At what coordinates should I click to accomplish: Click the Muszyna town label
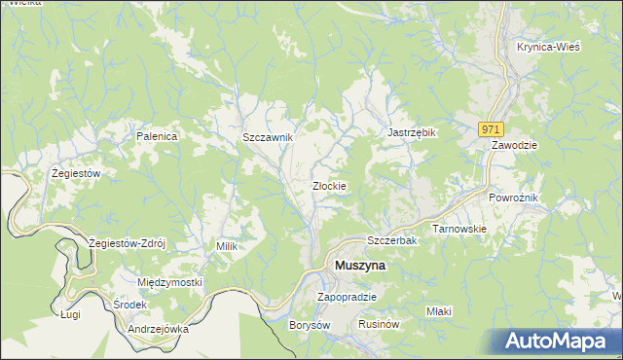click(x=359, y=265)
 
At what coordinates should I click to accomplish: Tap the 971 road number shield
click(x=492, y=128)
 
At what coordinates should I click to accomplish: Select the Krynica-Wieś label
click(x=549, y=47)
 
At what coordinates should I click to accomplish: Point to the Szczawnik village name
click(x=268, y=137)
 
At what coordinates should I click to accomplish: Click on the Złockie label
click(x=329, y=185)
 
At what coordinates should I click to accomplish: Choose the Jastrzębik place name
click(x=411, y=132)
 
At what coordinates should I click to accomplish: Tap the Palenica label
click(x=157, y=136)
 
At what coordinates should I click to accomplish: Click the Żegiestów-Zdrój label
click(x=128, y=242)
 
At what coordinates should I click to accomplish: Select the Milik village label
click(x=227, y=247)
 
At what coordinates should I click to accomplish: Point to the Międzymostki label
click(x=170, y=282)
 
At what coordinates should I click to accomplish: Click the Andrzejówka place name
click(x=158, y=329)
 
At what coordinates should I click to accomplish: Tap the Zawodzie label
click(x=515, y=144)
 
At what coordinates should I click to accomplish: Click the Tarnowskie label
click(x=459, y=229)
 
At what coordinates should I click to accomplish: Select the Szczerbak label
click(x=391, y=239)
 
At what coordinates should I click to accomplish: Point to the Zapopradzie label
click(x=348, y=297)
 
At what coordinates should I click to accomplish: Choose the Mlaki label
click(x=439, y=311)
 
